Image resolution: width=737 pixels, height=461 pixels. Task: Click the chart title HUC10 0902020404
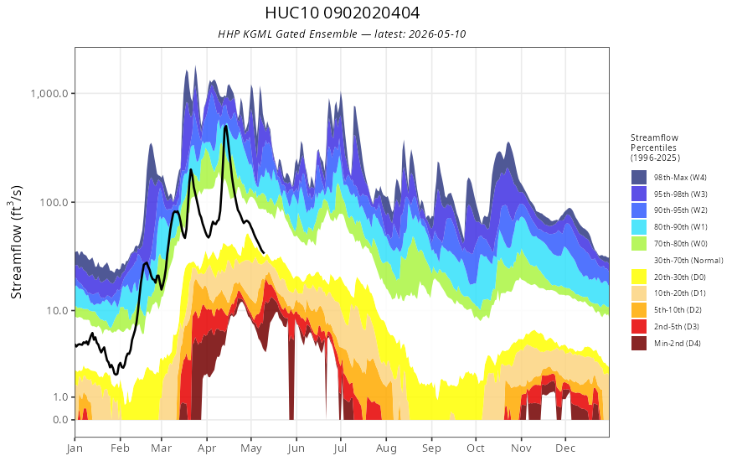[x=343, y=13]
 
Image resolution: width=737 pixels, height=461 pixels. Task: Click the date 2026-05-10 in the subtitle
[x=437, y=34]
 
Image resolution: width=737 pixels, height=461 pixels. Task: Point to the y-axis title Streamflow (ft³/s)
[x=16, y=242]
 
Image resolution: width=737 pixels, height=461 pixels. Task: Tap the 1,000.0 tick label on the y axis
[x=52, y=93]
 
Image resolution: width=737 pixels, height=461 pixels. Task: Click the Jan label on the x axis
[x=75, y=448]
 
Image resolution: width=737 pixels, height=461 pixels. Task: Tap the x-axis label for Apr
[x=207, y=448]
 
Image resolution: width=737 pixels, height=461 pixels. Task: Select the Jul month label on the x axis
[x=340, y=448]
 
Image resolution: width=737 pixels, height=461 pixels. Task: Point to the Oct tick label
[x=476, y=448]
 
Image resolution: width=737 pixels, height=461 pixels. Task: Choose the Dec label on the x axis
[x=565, y=448]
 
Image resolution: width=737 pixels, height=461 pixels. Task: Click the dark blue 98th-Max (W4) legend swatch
[x=639, y=178]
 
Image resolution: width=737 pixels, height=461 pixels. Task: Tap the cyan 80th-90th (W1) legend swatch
[x=639, y=227]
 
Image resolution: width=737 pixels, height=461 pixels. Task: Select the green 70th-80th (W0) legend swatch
[x=639, y=244]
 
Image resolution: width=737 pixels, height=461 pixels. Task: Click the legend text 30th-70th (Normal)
[x=688, y=260]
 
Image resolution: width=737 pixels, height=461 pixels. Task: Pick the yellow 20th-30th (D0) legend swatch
[x=639, y=277]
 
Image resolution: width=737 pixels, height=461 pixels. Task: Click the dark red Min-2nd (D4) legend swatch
[x=639, y=343]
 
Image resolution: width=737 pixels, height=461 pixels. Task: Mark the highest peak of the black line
[x=225, y=126]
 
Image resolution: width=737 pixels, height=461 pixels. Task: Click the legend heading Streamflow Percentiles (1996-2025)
[x=655, y=148]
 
